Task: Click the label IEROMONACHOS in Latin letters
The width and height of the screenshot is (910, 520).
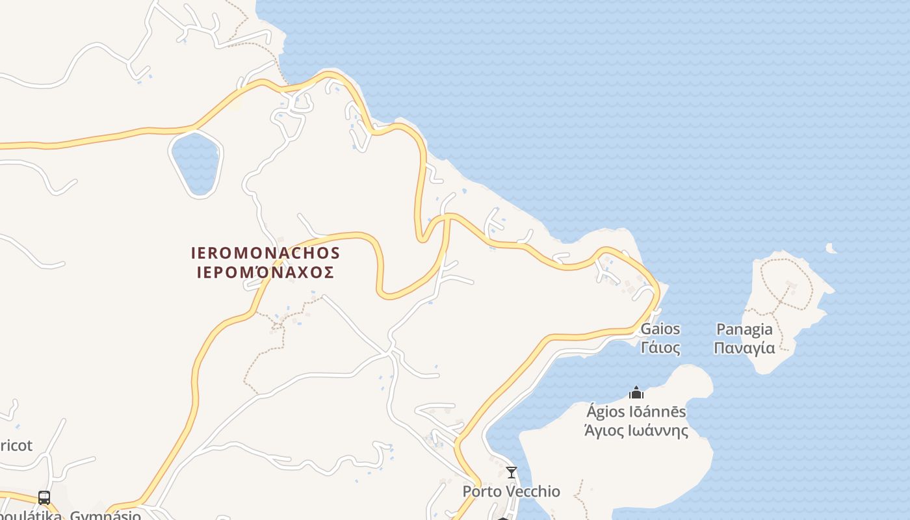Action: [x=266, y=252]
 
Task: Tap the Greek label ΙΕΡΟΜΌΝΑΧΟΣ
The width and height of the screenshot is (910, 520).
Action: [x=266, y=272]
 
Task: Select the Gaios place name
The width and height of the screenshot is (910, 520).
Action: [x=660, y=329]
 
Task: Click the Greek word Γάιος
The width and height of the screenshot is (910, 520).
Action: [x=660, y=348]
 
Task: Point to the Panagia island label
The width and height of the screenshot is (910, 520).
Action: [x=744, y=329]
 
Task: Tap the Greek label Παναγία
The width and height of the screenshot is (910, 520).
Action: [x=744, y=348]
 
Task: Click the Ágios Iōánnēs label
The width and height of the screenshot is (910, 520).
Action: [x=636, y=411]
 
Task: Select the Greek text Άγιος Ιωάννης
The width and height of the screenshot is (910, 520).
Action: [x=636, y=430]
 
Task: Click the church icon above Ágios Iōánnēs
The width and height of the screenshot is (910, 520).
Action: [x=636, y=393]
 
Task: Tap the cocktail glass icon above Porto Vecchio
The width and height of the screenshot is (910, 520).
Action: [x=512, y=473]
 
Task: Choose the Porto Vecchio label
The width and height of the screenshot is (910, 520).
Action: [x=511, y=491]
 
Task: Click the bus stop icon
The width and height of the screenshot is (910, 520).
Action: [x=44, y=498]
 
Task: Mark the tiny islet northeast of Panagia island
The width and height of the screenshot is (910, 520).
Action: [x=830, y=248]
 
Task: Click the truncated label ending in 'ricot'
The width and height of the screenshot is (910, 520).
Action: [x=16, y=446]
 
